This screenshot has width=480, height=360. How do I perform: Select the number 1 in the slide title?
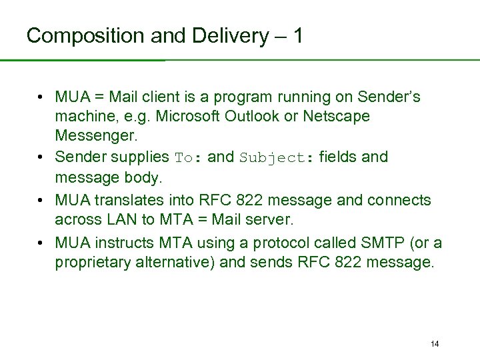(297, 35)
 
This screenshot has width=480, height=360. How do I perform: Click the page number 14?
(435, 344)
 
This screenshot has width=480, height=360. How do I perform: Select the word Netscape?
(337, 117)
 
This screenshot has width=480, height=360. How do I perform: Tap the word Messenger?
(94, 136)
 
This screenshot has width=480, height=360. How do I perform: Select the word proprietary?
(94, 263)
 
